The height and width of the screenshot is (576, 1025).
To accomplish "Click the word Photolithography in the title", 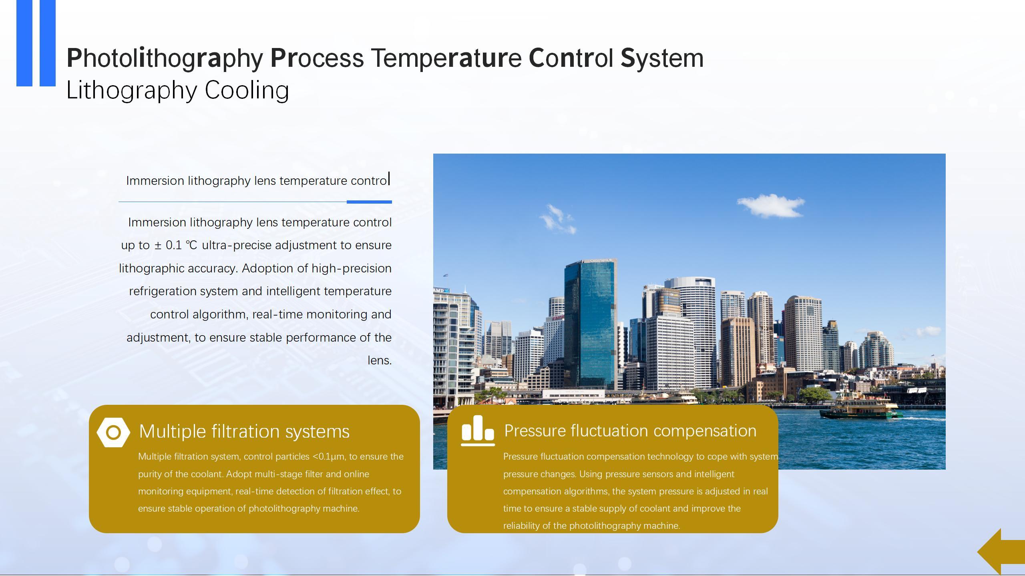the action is coord(165,58).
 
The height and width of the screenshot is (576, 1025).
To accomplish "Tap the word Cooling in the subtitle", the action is coord(247,90).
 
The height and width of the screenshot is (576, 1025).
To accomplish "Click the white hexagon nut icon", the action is coord(113,432).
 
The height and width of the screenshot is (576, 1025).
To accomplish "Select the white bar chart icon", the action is coord(478,430).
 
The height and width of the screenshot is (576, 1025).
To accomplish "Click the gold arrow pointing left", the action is coord(1001,552).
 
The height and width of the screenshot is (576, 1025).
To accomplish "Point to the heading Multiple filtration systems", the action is coord(244,431).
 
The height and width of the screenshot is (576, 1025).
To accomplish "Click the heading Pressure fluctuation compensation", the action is coord(630,431).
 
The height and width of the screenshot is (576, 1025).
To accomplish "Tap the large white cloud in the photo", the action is coord(771,206).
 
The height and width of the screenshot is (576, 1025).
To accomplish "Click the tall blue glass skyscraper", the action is coord(590,324).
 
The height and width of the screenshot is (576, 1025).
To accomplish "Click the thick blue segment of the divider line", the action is coord(369,202).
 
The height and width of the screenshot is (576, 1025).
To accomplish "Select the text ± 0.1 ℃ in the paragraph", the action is coord(176,245).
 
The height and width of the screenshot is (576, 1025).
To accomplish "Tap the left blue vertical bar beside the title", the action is coord(24,43).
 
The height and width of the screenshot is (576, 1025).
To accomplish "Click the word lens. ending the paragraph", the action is coord(380,360).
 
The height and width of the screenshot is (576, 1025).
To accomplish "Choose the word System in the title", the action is coord(662,58).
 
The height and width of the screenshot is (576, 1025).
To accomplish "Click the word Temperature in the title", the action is coord(446,58).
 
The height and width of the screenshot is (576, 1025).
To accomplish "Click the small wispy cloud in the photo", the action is coord(558,218).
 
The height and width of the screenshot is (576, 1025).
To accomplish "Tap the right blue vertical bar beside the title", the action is coord(48,43).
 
